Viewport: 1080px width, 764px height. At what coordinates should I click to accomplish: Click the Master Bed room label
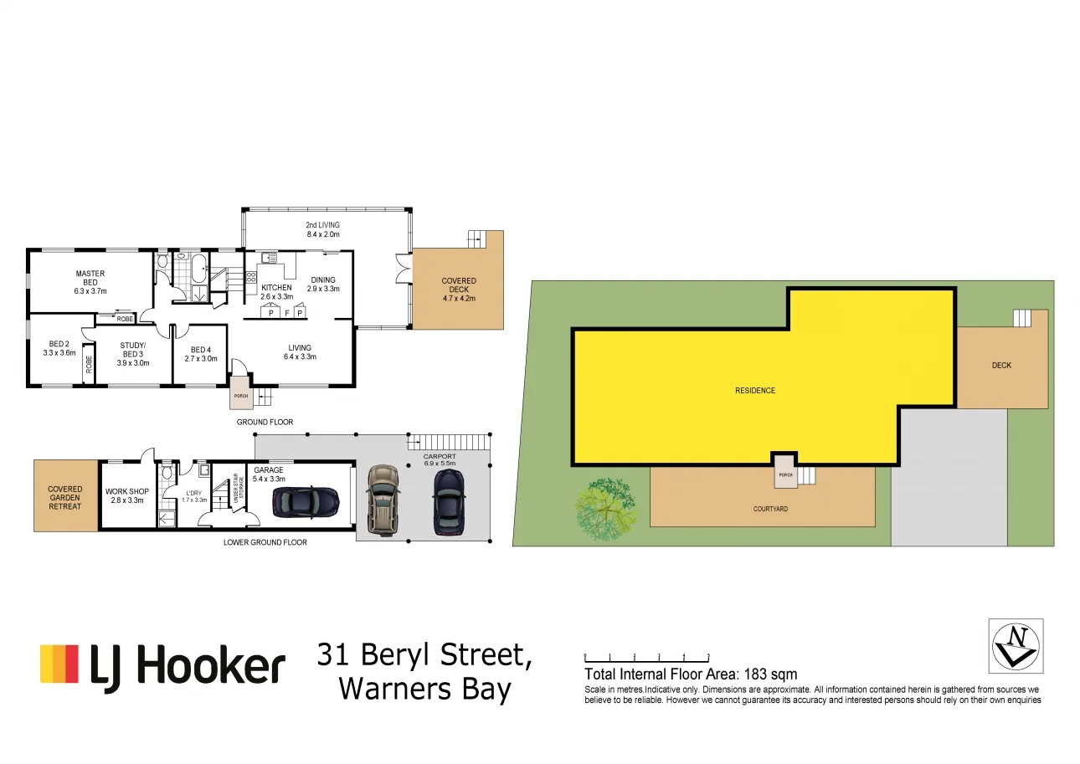click(90, 274)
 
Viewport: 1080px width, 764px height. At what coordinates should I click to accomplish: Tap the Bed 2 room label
click(59, 343)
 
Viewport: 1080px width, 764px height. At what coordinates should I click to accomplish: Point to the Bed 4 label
click(199, 350)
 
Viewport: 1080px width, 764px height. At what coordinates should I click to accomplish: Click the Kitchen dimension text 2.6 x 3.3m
click(276, 297)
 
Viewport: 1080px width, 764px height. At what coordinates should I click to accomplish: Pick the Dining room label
click(323, 280)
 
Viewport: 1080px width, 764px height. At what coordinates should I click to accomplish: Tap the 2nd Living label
click(322, 225)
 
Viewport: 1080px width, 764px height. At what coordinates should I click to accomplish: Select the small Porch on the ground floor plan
click(241, 396)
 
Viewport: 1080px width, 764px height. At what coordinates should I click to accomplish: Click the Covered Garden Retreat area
click(64, 497)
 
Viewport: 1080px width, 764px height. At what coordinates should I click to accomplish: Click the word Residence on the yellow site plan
click(755, 390)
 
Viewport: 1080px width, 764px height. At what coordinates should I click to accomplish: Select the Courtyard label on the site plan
click(770, 508)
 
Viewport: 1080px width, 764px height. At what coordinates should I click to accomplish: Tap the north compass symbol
click(1016, 646)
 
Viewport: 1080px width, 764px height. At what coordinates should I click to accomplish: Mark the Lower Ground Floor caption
click(265, 542)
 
